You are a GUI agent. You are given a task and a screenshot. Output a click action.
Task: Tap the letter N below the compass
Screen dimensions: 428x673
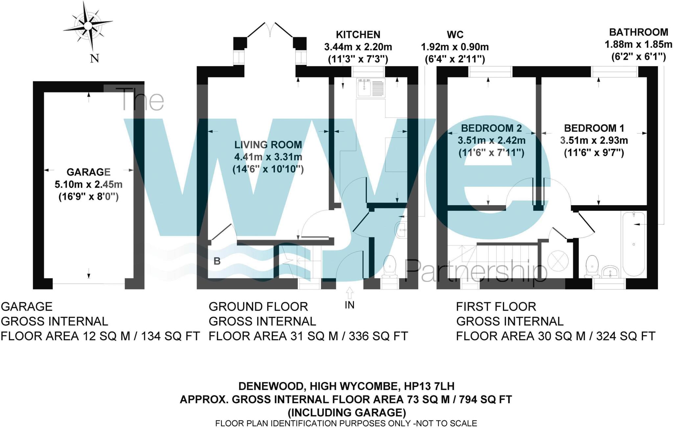coord(95,59)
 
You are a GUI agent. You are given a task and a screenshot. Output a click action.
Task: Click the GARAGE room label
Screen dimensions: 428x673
coord(88,172)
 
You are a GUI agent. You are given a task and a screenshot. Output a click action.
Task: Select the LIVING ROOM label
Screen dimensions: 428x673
coord(268,145)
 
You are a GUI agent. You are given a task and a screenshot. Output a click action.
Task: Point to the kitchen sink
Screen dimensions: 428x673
coord(364,88)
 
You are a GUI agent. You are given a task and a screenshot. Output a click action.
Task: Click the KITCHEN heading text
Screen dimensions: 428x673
coord(358,34)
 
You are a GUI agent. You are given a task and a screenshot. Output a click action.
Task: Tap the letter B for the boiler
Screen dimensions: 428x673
coord(217,261)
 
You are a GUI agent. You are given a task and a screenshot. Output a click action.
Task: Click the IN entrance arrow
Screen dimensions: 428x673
coord(350,292)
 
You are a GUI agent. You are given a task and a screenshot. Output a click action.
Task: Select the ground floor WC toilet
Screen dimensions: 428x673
coord(390,267)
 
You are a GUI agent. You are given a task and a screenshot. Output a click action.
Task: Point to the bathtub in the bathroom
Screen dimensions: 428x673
coord(633,244)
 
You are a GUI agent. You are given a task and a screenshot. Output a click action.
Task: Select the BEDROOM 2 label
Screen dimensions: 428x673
coord(491,128)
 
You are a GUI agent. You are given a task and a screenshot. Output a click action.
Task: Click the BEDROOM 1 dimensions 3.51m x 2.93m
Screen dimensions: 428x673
coord(594,140)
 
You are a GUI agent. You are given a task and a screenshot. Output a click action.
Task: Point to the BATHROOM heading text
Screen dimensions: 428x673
coord(638,32)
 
